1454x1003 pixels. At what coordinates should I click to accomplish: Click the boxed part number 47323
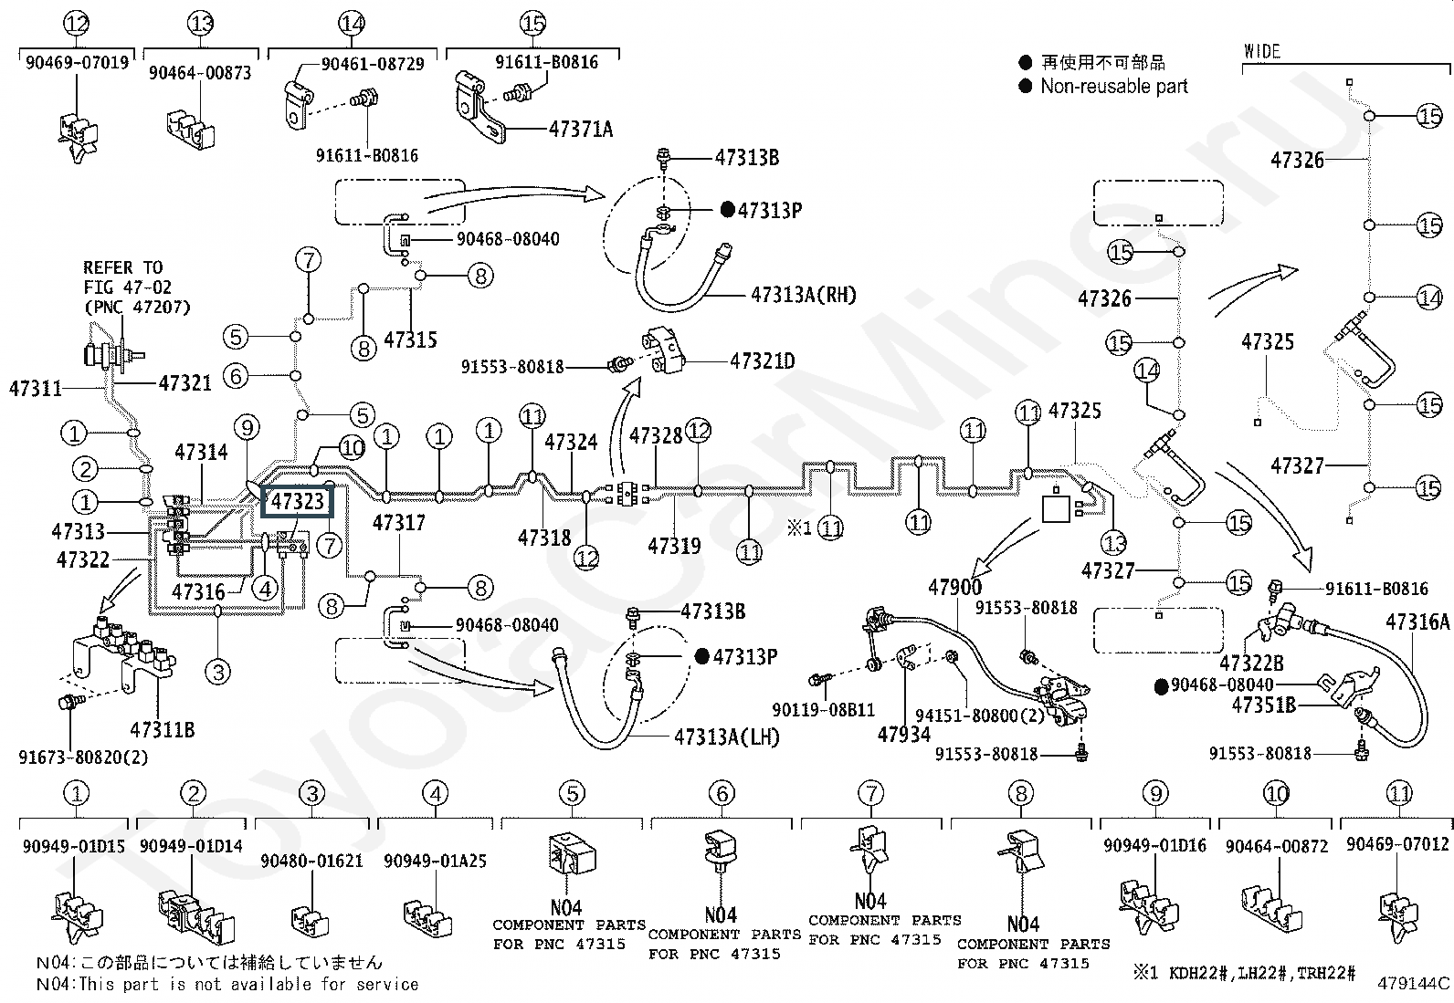point(298,501)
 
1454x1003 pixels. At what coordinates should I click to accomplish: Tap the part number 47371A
point(581,129)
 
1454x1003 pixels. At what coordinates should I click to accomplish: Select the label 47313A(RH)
point(804,295)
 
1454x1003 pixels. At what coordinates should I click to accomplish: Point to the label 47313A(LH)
point(727,737)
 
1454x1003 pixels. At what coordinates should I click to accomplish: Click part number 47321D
point(763,360)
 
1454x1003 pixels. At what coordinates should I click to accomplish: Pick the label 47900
point(954,587)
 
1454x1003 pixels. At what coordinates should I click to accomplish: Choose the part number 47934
point(904,735)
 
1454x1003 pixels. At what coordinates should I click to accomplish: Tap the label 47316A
point(1417,622)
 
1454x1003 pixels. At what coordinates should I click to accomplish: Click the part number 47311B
point(163,730)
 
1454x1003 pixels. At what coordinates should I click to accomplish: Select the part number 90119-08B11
point(824,710)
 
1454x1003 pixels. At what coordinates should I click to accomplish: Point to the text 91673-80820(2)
point(83,757)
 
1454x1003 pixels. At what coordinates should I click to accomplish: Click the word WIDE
point(1262,51)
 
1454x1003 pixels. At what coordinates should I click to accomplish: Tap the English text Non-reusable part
point(1114,86)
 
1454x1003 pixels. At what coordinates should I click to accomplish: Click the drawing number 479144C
point(1413,984)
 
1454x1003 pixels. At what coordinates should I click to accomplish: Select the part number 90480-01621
point(312,861)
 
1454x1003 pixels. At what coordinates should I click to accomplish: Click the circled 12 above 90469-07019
point(77,24)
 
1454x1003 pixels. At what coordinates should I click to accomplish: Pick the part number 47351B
point(1264,705)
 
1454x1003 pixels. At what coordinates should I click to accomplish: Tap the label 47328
point(656,435)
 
